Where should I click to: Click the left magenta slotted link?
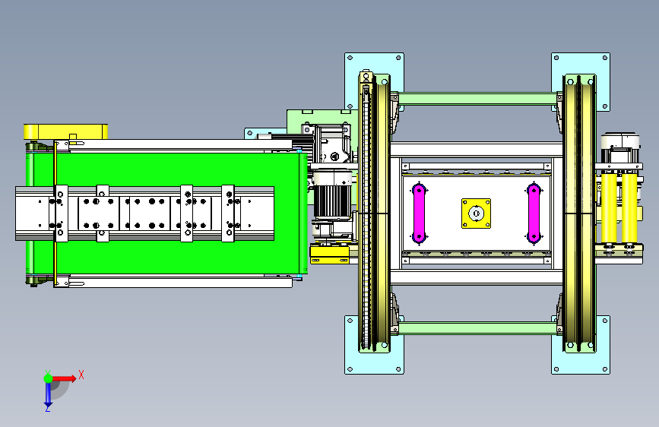pos(419,213)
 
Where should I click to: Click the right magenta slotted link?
pos(534,213)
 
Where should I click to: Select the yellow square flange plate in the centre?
pos(476,214)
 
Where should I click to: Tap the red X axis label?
pos(81,375)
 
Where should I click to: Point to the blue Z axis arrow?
pos(48,394)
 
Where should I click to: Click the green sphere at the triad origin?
pos(49,378)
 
